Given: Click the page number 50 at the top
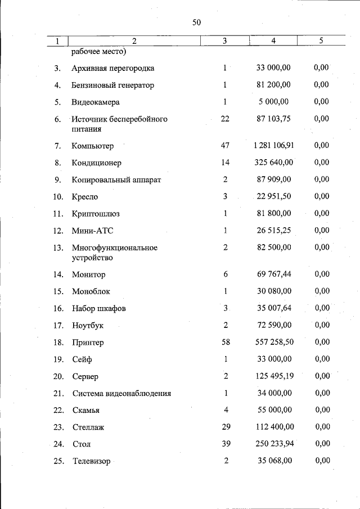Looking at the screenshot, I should click(x=196, y=22).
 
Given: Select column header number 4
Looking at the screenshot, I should click(x=273, y=40).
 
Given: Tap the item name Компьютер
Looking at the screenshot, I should click(x=93, y=146).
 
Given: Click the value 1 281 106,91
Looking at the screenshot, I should click(x=273, y=146).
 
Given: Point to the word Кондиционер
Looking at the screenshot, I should click(x=96, y=163).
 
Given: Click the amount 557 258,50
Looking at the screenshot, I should click(x=273, y=343).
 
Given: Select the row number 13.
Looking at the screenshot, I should click(x=57, y=247).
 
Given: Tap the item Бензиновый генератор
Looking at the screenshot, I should click(x=112, y=85).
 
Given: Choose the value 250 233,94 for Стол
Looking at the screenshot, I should click(x=273, y=444).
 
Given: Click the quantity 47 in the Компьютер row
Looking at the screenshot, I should click(x=224, y=146).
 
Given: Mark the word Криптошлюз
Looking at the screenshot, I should click(x=96, y=214).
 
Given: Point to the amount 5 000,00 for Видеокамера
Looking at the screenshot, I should click(x=273, y=102).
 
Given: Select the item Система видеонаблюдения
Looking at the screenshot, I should click(x=121, y=393).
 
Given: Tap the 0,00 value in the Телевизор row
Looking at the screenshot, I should click(x=322, y=461).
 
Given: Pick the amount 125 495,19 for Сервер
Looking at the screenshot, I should click(x=273, y=376).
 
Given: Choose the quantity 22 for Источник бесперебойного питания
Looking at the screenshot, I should click(x=224, y=119).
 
